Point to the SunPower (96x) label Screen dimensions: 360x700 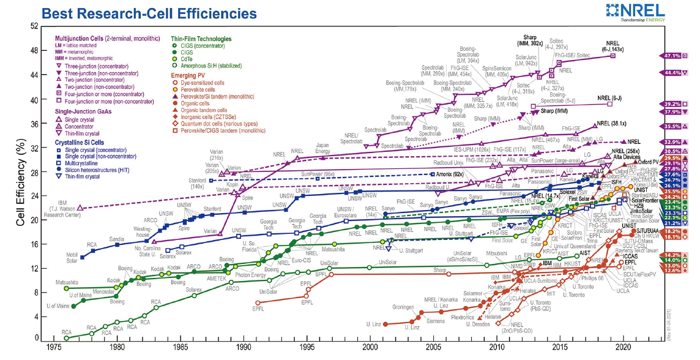[x=321, y=174]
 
